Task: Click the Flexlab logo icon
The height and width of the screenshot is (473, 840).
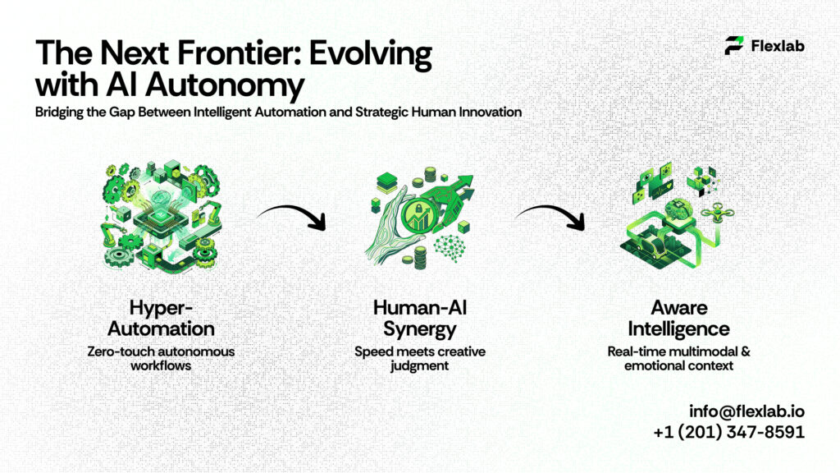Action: click(734, 46)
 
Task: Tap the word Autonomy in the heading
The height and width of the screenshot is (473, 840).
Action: click(225, 85)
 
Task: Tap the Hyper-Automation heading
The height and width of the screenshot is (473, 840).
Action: click(161, 318)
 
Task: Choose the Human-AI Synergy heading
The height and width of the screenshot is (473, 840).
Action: click(419, 318)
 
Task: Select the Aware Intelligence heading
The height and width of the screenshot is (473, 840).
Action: click(678, 318)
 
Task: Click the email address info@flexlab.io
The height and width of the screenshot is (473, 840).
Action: click(746, 411)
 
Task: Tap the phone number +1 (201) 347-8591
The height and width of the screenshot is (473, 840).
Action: click(728, 432)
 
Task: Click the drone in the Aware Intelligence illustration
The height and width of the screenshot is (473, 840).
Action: click(717, 213)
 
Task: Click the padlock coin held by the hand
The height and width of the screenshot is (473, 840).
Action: click(416, 214)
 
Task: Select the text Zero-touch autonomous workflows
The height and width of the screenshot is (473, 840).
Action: click(161, 358)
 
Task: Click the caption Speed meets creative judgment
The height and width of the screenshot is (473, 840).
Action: click(419, 358)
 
